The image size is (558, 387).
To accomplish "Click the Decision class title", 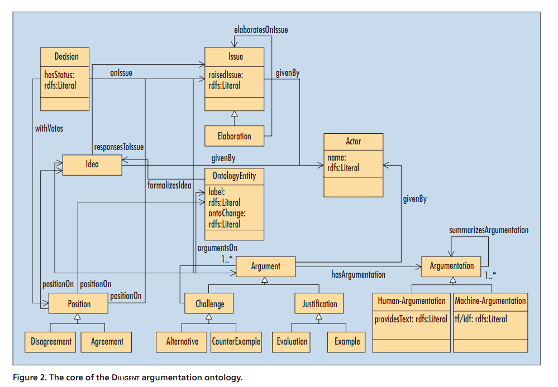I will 66,56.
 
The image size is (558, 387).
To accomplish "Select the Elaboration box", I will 234,136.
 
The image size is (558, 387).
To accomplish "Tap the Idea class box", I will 92,164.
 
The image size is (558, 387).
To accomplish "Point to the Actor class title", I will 353,142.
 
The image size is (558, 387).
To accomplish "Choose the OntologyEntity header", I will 235,176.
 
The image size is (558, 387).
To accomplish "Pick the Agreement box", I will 107,341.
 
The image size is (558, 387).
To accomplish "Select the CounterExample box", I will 236,341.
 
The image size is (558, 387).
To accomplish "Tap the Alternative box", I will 182,341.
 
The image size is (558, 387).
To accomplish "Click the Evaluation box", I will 292,341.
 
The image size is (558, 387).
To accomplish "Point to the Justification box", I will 319,304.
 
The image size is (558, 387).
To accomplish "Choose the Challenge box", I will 209,304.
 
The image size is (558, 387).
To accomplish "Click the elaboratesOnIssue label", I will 261,30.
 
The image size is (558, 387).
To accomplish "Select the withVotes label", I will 49,128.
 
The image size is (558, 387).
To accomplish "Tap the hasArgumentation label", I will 358,274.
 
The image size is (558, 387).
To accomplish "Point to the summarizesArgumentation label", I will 489,230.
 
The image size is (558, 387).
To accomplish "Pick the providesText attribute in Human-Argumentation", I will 412,319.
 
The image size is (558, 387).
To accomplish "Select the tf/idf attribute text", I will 481,319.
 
